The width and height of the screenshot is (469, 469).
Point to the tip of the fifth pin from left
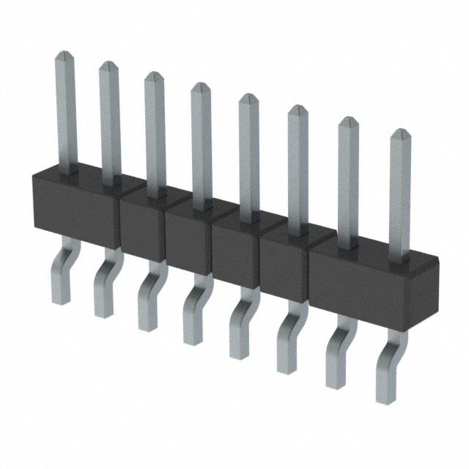248,98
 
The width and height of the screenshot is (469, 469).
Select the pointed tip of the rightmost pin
400,134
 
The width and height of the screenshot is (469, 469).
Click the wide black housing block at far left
73,205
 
